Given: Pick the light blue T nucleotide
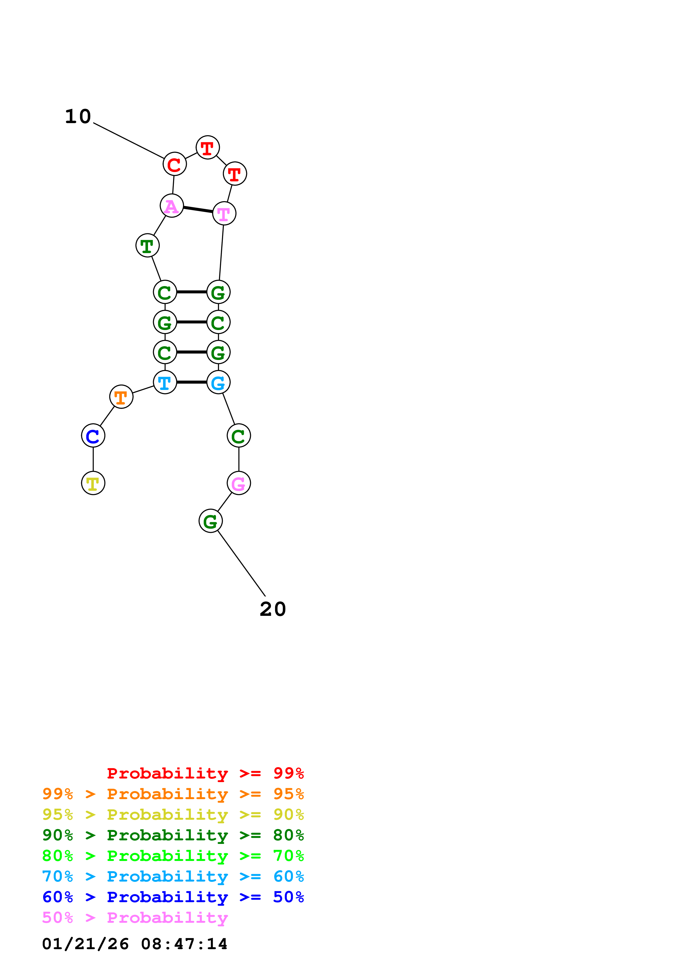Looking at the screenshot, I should pyautogui.click(x=165, y=382).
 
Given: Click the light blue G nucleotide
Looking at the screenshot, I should pyautogui.click(x=218, y=382).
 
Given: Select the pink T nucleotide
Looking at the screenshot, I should pyautogui.click(x=224, y=213).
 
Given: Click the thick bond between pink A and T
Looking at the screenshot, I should pyautogui.click(x=198, y=209).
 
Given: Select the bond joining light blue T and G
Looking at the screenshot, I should pyautogui.click(x=192, y=382).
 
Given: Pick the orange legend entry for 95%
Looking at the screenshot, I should pyautogui.click(x=173, y=794).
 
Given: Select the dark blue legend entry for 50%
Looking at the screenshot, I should pyautogui.click(x=173, y=897).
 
